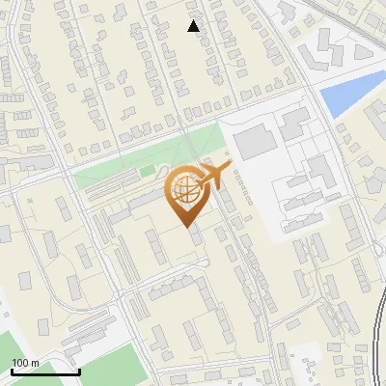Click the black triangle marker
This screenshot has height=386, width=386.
pos(194,26)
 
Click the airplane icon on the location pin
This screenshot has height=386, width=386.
pos(213,177)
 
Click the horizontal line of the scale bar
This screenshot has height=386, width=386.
pos(44,372)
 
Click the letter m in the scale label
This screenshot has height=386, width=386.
pos(35,363)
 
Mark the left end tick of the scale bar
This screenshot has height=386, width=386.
pos(12,371)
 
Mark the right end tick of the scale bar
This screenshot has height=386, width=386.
pos(78,371)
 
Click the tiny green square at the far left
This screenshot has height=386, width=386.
pos(30,201)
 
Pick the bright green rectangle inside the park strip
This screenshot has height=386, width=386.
pos(147,171)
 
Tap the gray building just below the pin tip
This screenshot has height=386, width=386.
pos(196,236)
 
